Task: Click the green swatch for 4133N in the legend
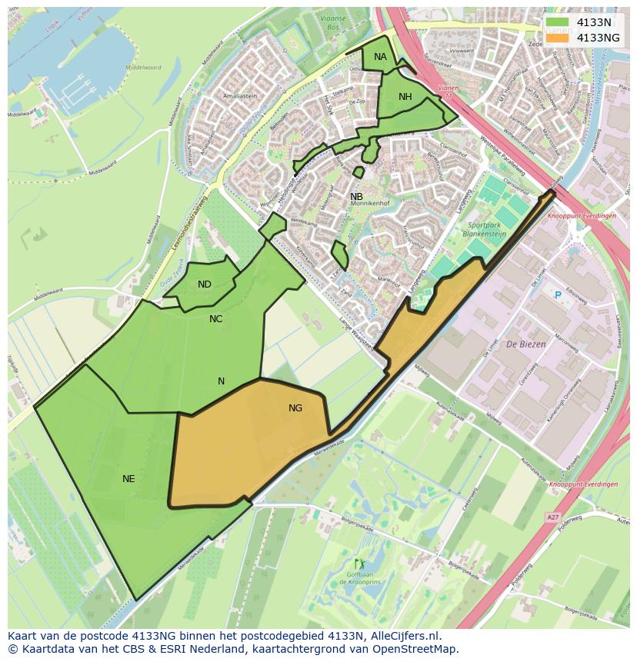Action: [x=558, y=22]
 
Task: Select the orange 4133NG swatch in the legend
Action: [x=558, y=37]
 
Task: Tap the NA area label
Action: [x=380, y=57]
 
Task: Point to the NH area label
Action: [x=405, y=96]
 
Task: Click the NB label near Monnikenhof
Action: [x=356, y=197]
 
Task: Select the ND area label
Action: [x=204, y=284]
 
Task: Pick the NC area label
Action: [x=215, y=318]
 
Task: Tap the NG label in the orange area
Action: [x=295, y=408]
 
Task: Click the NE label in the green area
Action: [x=128, y=479]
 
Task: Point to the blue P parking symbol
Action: [x=558, y=294]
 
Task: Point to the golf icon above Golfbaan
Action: [x=358, y=564]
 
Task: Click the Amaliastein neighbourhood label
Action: [x=239, y=96]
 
